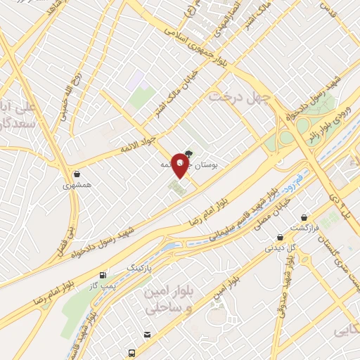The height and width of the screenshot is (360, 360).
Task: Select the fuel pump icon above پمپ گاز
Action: click(x=103, y=275)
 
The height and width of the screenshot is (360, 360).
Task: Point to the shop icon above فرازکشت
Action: click(x=304, y=217)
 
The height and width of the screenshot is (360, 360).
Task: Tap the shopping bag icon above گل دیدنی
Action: click(x=280, y=237)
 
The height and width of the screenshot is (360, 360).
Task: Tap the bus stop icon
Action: click(x=131, y=352)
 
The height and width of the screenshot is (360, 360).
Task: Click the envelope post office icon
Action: click(x=147, y=335)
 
